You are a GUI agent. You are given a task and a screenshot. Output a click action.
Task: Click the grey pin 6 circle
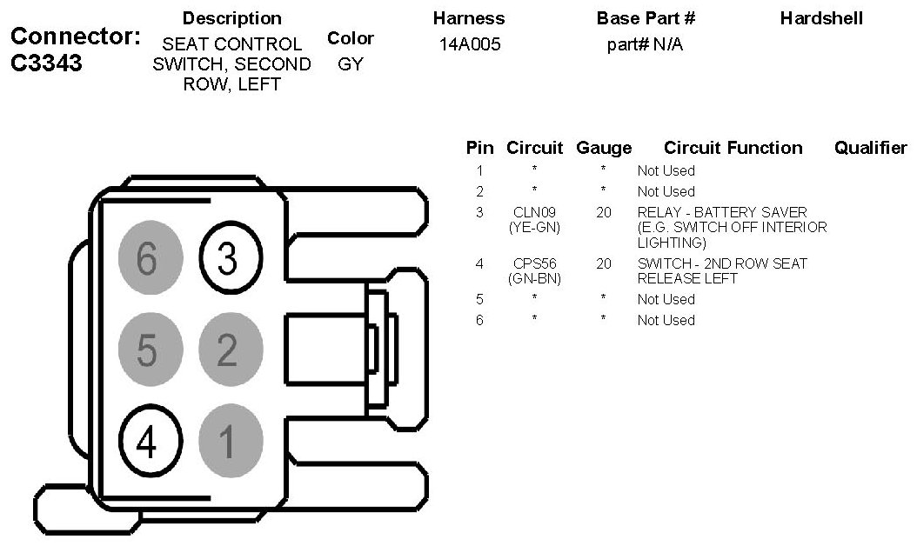click(150, 257)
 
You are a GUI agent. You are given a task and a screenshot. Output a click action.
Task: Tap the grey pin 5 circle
click(150, 350)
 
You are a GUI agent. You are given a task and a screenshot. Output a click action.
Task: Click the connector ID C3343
click(48, 63)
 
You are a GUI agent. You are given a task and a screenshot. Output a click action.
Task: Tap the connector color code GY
click(351, 64)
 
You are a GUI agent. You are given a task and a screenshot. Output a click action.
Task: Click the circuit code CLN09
click(534, 212)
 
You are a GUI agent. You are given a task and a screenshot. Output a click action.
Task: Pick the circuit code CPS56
click(534, 263)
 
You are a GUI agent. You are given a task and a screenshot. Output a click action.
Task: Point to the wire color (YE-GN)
click(534, 227)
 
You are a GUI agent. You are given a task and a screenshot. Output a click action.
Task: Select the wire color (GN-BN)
click(534, 278)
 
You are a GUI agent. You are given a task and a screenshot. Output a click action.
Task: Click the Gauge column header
click(604, 148)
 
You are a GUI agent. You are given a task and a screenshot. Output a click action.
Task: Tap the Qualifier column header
click(870, 148)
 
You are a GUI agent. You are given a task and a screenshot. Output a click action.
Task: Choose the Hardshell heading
click(821, 18)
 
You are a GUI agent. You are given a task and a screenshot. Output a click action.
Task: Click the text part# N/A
click(645, 45)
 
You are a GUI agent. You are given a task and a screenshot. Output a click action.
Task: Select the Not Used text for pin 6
click(666, 320)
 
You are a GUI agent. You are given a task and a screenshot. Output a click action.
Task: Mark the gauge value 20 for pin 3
click(604, 212)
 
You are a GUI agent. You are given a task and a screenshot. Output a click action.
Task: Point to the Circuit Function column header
click(733, 148)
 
